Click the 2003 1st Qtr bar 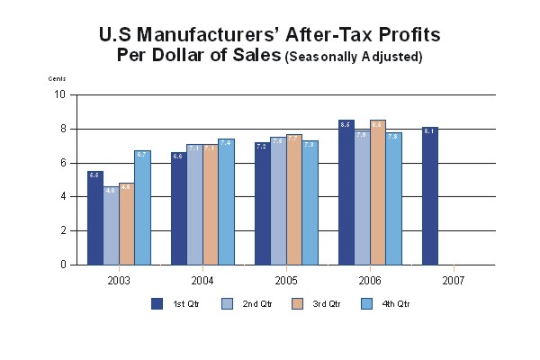pyautogui.click(x=94, y=218)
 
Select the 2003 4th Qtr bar pyautogui.click(x=142, y=208)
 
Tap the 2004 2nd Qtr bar pyautogui.click(x=194, y=204)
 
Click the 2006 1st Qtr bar pyautogui.click(x=346, y=193)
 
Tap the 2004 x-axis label pyautogui.click(x=202, y=280)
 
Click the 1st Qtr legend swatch pyautogui.click(x=157, y=303)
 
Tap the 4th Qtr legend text pyautogui.click(x=395, y=303)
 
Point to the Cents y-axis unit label pyautogui.click(x=57, y=79)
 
